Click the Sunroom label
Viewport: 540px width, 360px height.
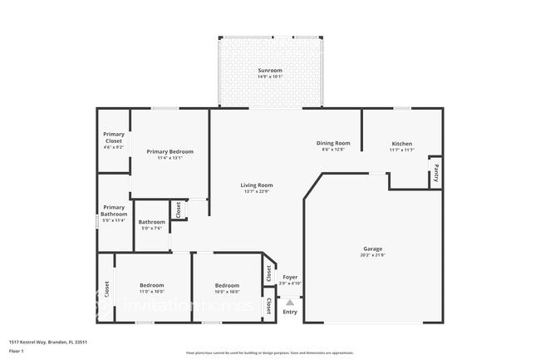270,71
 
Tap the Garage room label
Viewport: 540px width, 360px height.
372,248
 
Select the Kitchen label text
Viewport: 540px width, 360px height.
401,143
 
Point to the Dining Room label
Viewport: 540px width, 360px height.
333,143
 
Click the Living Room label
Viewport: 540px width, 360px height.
257,185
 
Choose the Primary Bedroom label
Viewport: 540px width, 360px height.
170,151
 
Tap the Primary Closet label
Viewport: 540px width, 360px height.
113,138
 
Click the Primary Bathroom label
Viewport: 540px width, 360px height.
114,211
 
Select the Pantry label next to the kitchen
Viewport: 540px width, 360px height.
435,175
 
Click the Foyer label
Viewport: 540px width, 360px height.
290,277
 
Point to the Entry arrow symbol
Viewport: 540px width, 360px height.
290,302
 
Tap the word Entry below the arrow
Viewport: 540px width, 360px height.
290,312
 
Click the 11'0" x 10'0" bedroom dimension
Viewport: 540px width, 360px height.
151,292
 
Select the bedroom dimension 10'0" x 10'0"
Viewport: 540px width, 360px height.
227,292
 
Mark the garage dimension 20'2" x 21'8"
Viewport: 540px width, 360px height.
372,254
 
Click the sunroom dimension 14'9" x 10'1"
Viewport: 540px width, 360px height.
270,77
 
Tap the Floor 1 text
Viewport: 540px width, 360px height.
17,352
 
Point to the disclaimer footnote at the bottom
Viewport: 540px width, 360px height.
270,353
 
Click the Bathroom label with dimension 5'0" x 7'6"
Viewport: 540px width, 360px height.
151,222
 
